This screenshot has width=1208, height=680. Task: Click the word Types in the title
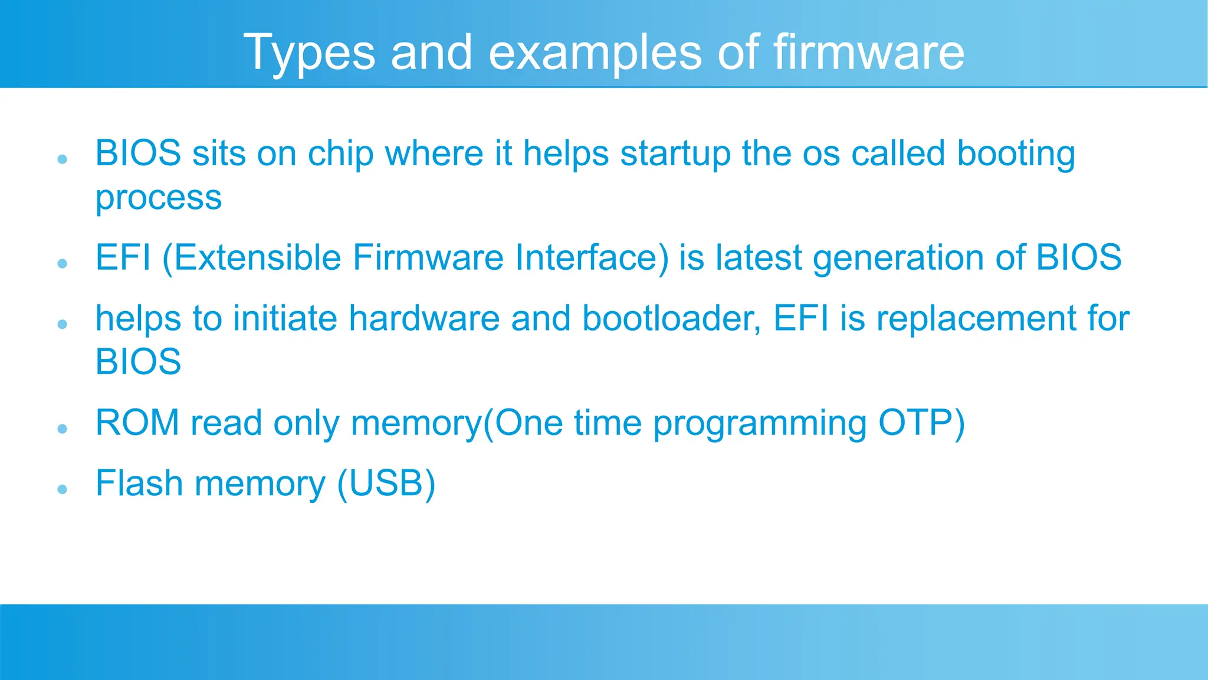tap(309, 53)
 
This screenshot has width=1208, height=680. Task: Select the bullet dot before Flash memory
tap(63, 489)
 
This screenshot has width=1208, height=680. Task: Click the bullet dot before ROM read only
tap(63, 429)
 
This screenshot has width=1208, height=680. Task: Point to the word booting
tap(1016, 155)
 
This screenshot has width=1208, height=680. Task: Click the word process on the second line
tap(158, 198)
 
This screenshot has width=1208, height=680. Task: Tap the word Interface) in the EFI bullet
tap(592, 257)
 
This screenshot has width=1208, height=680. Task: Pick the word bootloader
tap(671, 319)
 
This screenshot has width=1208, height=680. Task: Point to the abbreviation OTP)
tap(921, 423)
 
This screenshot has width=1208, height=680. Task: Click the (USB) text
tap(386, 483)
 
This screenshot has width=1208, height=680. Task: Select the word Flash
tap(139, 483)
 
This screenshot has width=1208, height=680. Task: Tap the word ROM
tap(137, 423)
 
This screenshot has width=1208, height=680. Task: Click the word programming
tap(760, 424)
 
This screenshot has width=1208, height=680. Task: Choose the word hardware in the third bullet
tap(424, 319)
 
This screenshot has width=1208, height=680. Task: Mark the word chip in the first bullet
tap(340, 155)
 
